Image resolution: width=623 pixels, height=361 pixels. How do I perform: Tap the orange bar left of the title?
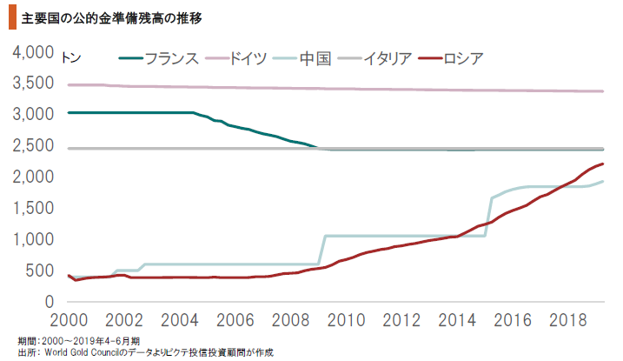click(x=10, y=17)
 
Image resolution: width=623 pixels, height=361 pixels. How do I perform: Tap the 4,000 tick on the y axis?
click(x=32, y=52)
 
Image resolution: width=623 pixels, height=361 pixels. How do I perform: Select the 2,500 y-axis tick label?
click(x=32, y=146)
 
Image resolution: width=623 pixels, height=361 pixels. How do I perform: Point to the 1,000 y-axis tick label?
click(x=32, y=239)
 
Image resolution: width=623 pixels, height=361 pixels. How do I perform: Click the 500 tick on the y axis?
click(x=39, y=271)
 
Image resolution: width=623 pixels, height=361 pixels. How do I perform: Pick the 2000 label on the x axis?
click(x=68, y=318)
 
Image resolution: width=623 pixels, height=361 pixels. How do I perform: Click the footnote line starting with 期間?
click(x=78, y=340)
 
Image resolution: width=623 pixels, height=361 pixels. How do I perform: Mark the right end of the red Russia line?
click(x=603, y=164)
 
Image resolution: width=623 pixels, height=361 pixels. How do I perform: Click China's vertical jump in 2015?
click(x=488, y=217)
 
